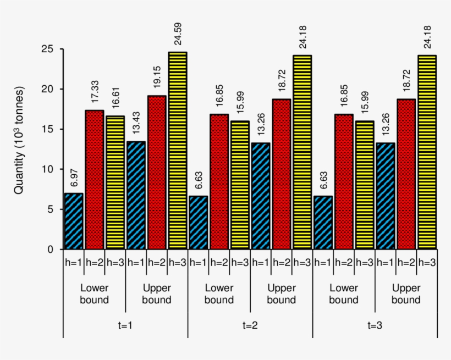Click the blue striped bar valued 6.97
coord(74,221)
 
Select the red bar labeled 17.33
coord(94,180)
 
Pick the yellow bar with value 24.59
coord(177,151)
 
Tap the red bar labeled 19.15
coord(157,173)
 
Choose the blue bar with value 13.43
coord(136,196)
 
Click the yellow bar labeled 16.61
coord(115,182)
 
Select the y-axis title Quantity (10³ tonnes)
coord(19,140)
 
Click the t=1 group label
coord(125,325)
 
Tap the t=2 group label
coord(250,325)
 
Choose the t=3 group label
coord(375,325)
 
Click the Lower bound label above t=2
coord(219,294)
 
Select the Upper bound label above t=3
coord(406,294)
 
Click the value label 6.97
coord(74,179)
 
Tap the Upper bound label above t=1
coord(157,294)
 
